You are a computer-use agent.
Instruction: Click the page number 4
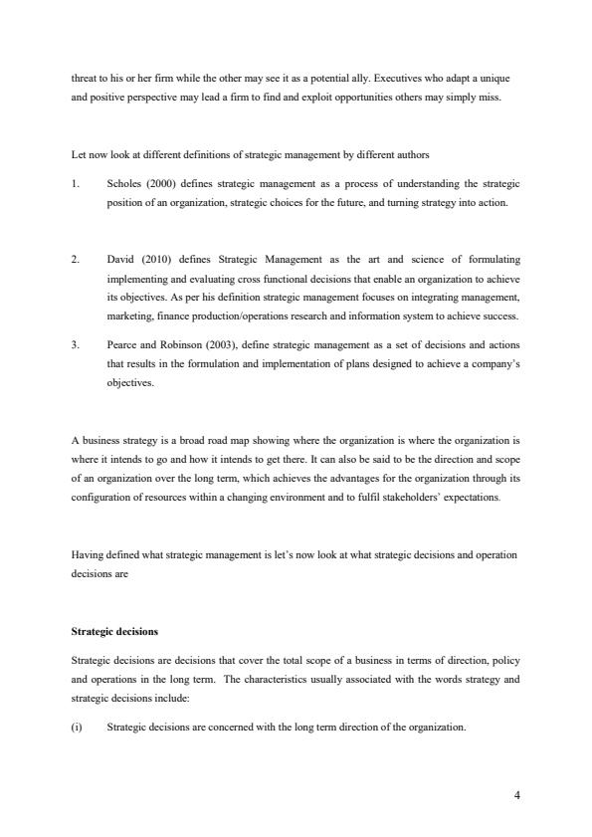point(517,793)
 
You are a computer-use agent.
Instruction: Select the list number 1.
point(75,184)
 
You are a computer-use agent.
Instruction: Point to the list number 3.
point(75,344)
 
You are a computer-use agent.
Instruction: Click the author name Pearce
point(122,344)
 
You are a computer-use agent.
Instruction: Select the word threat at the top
point(85,77)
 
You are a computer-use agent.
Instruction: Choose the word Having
point(88,553)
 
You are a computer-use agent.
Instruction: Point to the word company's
point(491,363)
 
